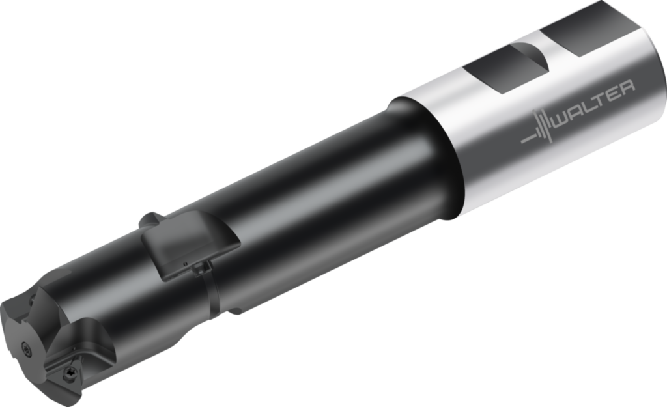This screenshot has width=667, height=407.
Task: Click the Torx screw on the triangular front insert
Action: [68, 374]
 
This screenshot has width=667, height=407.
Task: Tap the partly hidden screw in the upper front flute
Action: [30, 299]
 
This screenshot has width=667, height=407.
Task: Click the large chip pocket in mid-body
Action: [189, 244]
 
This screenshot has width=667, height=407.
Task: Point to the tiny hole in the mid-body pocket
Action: [185, 264]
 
